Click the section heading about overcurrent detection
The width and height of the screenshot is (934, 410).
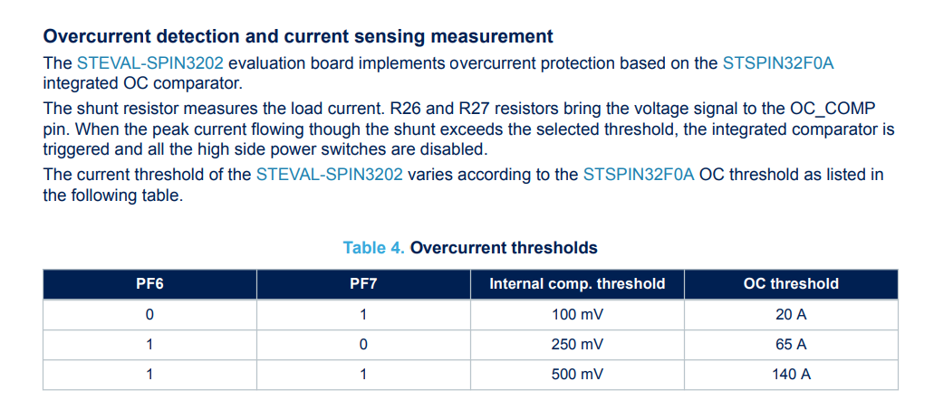pos(298,37)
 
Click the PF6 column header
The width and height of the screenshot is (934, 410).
pos(149,283)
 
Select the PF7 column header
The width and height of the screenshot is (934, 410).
pos(363,283)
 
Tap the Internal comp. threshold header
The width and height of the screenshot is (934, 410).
pos(577,283)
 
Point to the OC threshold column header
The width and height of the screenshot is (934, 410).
pos(791,283)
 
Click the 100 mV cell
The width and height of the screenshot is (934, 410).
pos(577,315)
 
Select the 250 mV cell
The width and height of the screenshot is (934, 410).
pos(577,344)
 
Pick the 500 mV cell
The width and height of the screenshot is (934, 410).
pos(577,374)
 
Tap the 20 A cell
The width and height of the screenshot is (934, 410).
pos(791,315)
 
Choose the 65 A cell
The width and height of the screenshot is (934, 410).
pos(791,344)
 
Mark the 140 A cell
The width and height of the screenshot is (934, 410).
pos(791,374)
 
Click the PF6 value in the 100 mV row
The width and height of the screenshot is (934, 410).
pos(149,315)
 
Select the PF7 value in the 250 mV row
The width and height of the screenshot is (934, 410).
pos(363,344)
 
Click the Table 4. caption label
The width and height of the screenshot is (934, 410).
pos(374,247)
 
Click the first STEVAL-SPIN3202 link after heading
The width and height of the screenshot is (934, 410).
pos(150,63)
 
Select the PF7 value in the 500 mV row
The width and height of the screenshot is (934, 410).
pos(363,374)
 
